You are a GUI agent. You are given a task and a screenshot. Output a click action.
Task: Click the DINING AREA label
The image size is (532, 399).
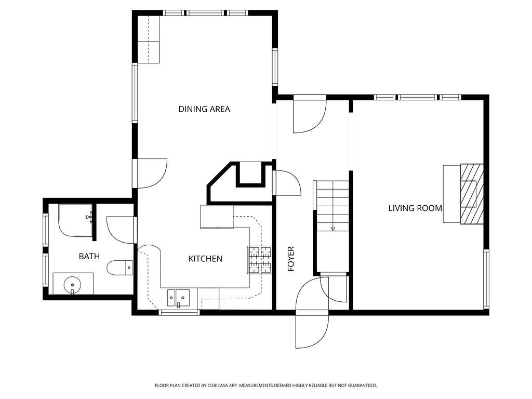click(204, 109)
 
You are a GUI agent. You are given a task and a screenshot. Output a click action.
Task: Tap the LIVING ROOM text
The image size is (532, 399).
click(415, 208)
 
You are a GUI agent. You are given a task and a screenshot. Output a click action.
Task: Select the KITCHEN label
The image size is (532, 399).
click(205, 259)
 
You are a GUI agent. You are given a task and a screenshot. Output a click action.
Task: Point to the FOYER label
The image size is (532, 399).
click(291, 259)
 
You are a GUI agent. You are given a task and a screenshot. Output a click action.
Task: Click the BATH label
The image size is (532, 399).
click(89, 256)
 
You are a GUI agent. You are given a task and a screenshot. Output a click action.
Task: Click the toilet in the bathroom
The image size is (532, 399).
click(119, 268)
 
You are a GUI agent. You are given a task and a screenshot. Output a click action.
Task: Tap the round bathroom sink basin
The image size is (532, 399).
click(72, 285)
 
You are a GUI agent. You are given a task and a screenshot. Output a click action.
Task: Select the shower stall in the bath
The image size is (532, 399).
click(75, 220)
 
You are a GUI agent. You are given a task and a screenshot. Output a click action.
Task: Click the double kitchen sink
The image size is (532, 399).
click(178, 298)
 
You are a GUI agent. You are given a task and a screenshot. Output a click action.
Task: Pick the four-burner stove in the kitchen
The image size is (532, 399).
click(260, 259)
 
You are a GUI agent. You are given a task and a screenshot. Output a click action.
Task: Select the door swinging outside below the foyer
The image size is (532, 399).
click(312, 330)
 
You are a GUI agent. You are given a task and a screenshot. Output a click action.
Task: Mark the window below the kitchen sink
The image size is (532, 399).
click(179, 312)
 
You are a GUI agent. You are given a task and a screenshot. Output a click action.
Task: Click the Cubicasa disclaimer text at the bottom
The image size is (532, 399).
click(266, 385)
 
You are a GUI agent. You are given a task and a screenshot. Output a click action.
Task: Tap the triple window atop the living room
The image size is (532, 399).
click(418, 97)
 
